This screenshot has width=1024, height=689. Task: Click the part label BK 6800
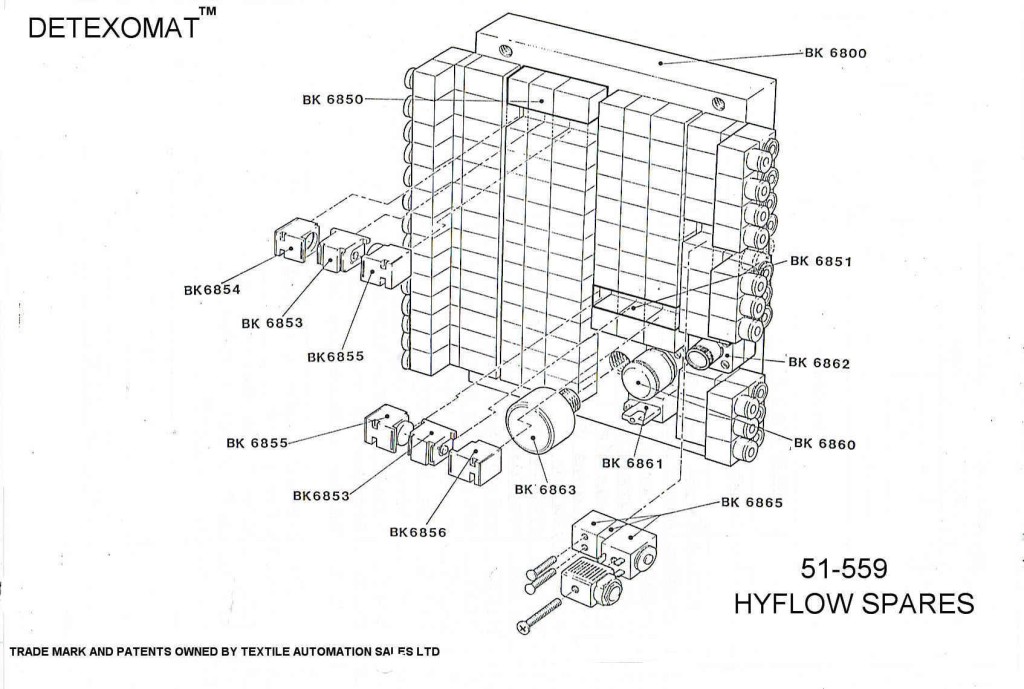point(835,53)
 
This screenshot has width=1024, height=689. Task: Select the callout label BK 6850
point(334,99)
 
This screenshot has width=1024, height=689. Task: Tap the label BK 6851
point(820,260)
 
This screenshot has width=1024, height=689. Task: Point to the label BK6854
point(212,290)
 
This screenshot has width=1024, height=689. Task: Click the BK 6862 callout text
point(819,363)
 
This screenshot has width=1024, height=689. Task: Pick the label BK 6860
point(825,444)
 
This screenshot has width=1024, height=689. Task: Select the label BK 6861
point(633,463)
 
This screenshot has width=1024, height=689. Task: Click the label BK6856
point(418,532)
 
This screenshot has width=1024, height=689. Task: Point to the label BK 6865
point(751,502)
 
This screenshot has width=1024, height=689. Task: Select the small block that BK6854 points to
point(293,241)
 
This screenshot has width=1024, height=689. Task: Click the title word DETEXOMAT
point(112,29)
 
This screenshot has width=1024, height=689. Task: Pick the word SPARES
point(925,604)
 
